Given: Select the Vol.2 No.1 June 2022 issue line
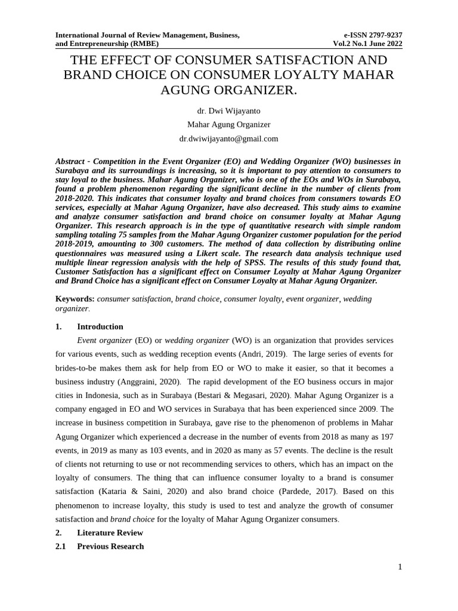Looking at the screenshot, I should (367, 44).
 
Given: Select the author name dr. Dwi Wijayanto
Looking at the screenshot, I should (228, 110).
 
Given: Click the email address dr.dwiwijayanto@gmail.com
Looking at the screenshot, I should (228, 138).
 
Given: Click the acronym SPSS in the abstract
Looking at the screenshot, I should (280, 263).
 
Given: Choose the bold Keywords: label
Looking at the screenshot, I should (75, 299).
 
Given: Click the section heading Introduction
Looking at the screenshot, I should (100, 326).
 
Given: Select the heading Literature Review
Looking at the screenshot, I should (110, 532).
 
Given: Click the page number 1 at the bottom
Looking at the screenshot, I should (400, 567).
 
